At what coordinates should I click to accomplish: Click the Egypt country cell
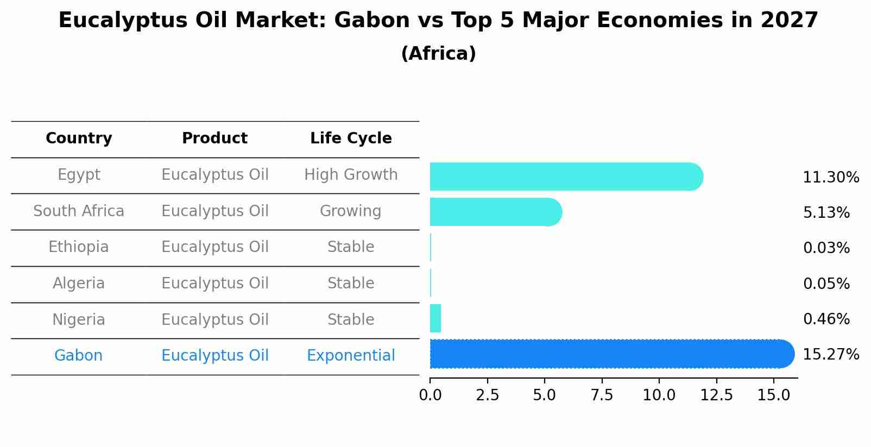point(79,175)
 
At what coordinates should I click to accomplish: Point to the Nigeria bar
point(435,318)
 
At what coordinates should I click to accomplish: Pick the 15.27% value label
point(831,355)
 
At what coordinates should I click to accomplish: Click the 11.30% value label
point(831,178)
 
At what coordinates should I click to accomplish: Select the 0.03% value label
point(826,248)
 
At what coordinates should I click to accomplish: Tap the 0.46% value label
point(826,319)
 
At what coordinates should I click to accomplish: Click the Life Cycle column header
point(351,138)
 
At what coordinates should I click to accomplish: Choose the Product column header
point(214,138)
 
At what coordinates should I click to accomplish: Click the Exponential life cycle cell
point(351,356)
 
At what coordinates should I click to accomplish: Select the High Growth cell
point(351,175)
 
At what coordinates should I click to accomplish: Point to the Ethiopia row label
point(79,247)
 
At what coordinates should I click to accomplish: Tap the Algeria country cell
point(79,284)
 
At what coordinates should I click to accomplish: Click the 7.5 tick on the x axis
point(602,395)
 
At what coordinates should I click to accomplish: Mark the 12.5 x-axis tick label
point(716,395)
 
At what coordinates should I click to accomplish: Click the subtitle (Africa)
point(438,54)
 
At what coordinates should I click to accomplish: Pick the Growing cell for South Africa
point(351,211)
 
